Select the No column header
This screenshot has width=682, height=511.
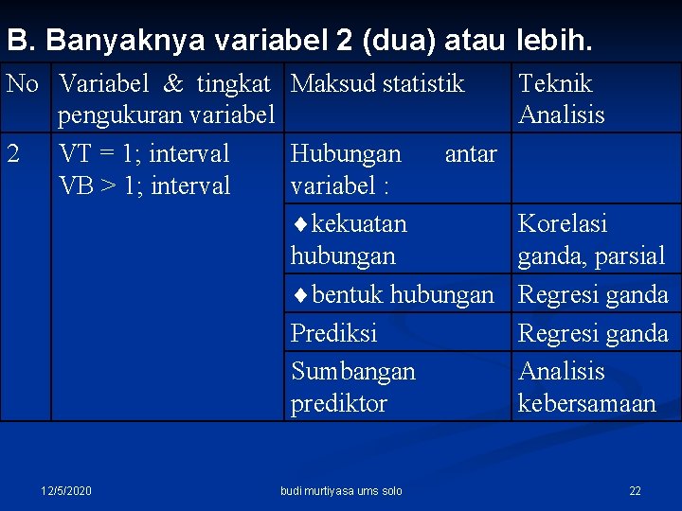[22, 84]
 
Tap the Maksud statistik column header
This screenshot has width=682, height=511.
[377, 84]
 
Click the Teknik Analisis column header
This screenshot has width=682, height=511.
[561, 99]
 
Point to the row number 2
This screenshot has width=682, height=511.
[13, 154]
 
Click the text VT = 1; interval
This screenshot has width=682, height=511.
[144, 154]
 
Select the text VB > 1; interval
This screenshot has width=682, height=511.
[144, 185]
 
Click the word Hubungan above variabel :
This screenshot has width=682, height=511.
[346, 154]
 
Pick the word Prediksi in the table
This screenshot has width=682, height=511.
[333, 333]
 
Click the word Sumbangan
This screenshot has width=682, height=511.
[352, 371]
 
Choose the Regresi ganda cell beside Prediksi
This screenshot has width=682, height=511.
[592, 333]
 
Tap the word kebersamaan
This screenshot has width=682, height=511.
[586, 403]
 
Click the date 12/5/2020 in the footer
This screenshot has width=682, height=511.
[66, 491]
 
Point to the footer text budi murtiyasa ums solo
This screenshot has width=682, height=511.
[341, 491]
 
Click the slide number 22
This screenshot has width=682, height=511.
[635, 491]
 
